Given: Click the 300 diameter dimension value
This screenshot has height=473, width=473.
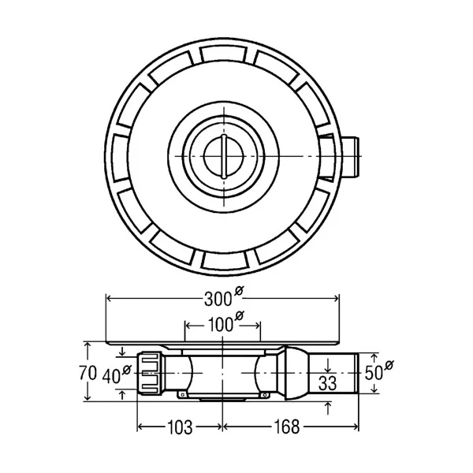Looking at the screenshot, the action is (x=218, y=300).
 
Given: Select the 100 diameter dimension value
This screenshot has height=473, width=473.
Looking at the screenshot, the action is (x=220, y=325).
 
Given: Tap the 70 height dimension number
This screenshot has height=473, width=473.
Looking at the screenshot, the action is (x=88, y=373).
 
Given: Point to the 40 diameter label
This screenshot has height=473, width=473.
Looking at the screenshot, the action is (x=111, y=376).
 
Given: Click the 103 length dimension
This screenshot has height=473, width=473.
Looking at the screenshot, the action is (x=180, y=427).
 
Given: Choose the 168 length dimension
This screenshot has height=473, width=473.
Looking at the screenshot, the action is (x=287, y=426).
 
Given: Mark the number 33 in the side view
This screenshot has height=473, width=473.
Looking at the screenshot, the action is (x=328, y=383).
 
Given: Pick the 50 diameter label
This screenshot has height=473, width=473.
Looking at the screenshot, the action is (x=374, y=373).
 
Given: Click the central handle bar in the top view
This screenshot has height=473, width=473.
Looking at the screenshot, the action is (x=224, y=156).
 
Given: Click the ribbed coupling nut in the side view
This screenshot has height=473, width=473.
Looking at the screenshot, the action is (x=150, y=374).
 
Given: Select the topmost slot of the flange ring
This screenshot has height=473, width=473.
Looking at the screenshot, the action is (x=224, y=54).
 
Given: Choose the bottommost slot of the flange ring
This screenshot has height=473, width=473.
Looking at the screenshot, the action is (x=224, y=260).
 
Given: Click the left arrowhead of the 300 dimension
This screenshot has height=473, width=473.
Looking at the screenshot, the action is (x=110, y=299).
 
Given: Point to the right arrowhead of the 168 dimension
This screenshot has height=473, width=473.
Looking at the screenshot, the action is (x=356, y=426).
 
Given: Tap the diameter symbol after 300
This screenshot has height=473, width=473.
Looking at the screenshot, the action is (x=239, y=290).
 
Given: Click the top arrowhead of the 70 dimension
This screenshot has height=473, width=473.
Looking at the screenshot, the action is (x=88, y=346).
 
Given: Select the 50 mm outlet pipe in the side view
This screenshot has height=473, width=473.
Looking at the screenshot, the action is (x=333, y=373).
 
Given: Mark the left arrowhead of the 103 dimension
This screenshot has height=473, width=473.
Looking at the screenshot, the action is (x=141, y=426).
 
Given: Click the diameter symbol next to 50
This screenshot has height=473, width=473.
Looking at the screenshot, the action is (x=389, y=365).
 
